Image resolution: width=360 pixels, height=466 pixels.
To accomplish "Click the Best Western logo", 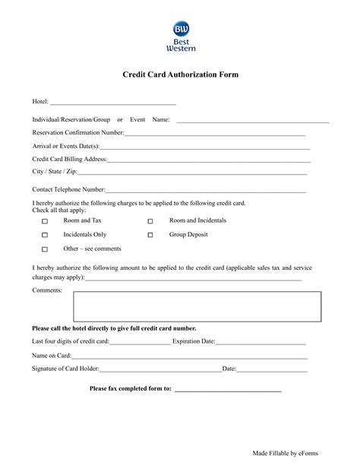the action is tap(181, 36).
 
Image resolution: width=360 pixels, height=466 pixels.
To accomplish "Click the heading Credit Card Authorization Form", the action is tap(181, 75).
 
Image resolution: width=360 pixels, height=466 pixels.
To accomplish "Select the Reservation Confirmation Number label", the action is tap(78, 132).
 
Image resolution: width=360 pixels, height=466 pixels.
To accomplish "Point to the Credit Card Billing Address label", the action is tap(69, 159).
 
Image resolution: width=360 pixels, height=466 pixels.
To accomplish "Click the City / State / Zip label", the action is tap(54, 172).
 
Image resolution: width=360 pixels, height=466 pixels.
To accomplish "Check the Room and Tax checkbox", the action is tap(45, 221).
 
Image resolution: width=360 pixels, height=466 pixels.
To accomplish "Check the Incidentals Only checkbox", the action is tap(45, 236).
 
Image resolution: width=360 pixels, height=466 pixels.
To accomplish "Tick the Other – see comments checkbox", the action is tap(45, 249).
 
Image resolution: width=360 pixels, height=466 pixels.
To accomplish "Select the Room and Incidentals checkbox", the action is tap(150, 221).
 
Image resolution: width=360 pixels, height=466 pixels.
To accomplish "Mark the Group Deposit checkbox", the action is tap(150, 236).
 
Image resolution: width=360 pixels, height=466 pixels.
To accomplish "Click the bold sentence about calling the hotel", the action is tap(114, 328).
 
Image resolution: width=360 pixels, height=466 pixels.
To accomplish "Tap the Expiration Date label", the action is tap(194, 341).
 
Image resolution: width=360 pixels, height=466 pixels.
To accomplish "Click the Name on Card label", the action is tap(52, 355).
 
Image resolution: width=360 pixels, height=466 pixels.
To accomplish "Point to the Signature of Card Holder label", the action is tap(65, 369).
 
